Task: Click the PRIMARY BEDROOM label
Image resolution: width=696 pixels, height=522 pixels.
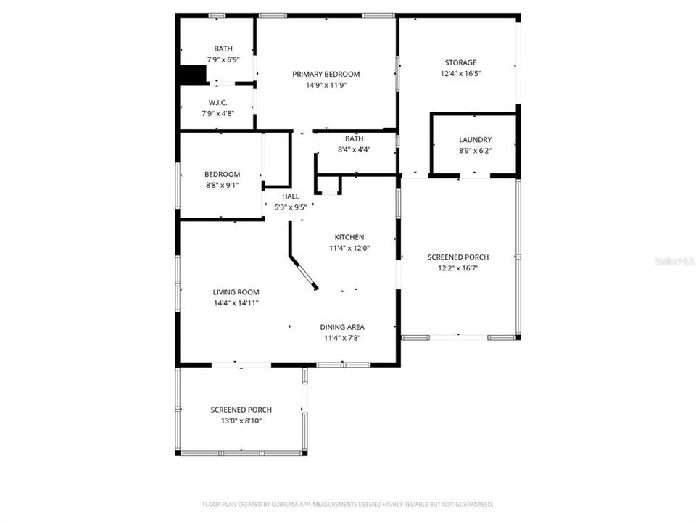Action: tap(326, 74)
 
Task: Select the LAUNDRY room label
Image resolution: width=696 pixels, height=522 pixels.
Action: tap(475, 139)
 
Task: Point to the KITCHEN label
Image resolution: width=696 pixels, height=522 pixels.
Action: tap(349, 237)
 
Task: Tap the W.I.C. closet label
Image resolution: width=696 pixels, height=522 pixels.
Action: tap(217, 102)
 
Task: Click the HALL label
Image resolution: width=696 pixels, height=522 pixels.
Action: tap(290, 196)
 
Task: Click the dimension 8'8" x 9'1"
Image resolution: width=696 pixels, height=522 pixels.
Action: tap(222, 185)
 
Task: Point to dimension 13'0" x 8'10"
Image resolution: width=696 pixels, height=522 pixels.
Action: tap(241, 420)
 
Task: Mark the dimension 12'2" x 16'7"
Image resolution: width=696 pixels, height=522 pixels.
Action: tap(457, 268)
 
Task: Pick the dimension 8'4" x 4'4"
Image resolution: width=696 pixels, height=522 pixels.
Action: tap(355, 149)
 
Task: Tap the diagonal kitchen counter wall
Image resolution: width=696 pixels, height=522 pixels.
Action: tap(303, 273)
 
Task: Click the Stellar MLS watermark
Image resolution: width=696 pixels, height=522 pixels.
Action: tap(674, 260)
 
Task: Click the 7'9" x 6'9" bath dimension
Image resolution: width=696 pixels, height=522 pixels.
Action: tap(223, 59)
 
